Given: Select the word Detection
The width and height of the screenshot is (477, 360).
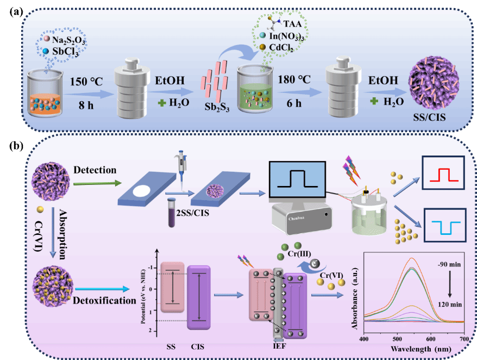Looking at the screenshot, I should (x=95, y=170).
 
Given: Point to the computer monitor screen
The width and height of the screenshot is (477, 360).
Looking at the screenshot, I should (x=297, y=178).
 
